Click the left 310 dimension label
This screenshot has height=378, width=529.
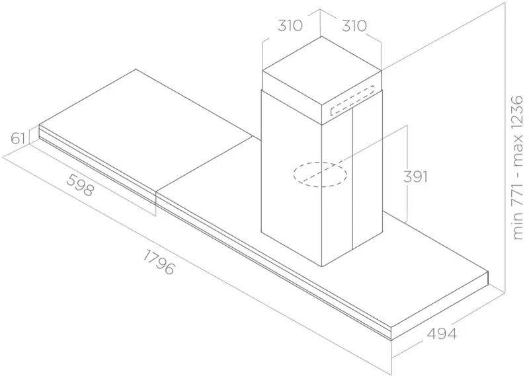click(290, 26)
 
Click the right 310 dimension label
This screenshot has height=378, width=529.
click(354, 26)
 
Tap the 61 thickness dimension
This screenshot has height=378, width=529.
click(18, 138)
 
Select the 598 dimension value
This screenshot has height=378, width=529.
click(80, 185)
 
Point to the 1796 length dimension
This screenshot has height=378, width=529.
click(159, 262)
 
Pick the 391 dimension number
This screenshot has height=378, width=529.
click(415, 176)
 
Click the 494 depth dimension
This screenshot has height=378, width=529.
click(442, 334)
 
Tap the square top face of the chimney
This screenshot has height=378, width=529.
click(321, 79)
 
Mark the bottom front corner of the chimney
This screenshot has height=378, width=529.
click(322, 267)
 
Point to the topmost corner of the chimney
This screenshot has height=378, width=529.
click(321, 36)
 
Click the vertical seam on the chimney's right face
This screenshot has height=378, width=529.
click(352, 178)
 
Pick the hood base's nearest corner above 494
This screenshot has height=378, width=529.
click(391, 327)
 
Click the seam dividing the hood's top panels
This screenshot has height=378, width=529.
click(204, 166)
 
